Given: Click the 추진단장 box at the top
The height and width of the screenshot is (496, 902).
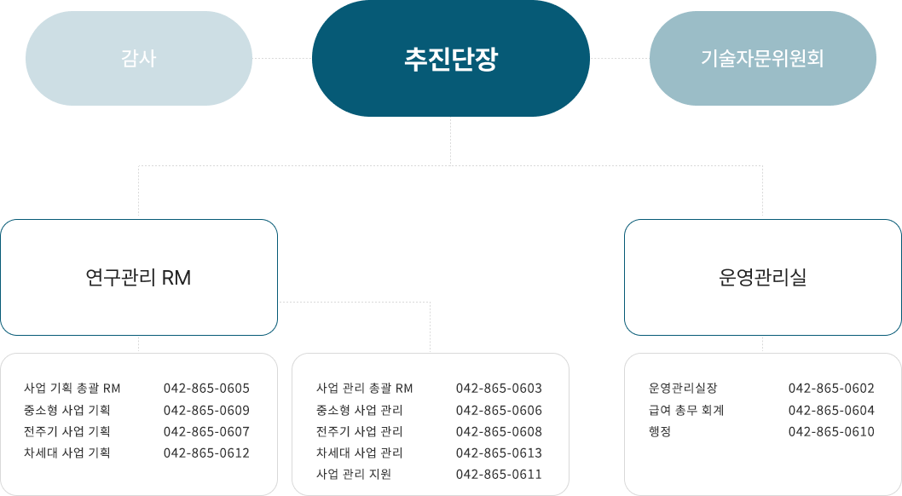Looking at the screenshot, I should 450,59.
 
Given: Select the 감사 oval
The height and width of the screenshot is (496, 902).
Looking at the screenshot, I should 139,59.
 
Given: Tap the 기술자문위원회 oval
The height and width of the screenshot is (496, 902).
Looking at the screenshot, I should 762,59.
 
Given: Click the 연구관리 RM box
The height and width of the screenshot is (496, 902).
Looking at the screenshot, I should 139,278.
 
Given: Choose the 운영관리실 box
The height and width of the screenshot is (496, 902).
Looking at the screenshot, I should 762,278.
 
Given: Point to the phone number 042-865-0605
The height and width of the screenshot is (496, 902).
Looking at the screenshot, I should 206,389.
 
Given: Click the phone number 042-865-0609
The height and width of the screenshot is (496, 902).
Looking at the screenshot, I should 206,410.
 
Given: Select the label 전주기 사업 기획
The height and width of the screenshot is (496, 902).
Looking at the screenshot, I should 67,431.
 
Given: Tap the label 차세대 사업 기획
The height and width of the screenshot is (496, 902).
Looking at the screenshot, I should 67,453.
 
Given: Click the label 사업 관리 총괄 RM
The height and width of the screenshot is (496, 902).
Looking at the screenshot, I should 364,389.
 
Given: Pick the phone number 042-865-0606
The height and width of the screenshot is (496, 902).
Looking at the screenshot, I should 499,410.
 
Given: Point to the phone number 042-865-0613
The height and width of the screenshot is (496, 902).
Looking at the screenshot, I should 499,453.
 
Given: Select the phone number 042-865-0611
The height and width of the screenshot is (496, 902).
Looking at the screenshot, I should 499,474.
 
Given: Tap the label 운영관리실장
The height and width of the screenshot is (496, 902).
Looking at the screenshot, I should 683,389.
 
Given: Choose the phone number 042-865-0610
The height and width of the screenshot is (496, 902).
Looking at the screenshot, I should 831,431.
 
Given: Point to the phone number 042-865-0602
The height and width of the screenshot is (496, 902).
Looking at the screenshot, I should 831,389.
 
